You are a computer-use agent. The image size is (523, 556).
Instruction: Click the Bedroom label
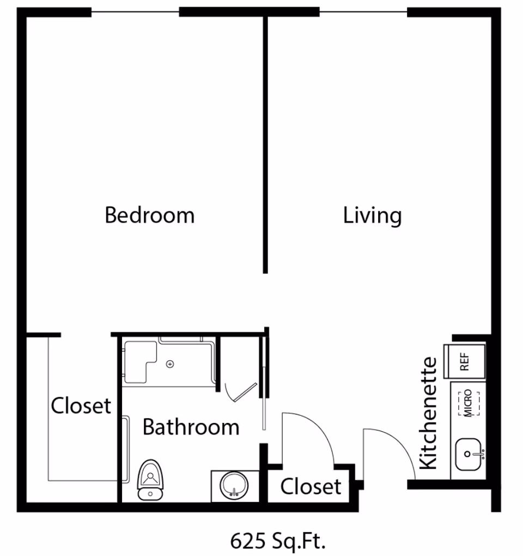tap(149, 215)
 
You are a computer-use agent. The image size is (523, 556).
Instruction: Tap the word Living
tap(372, 215)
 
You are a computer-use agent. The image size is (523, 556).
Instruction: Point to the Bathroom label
tap(191, 427)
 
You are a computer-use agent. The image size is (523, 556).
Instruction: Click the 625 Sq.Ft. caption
tap(278, 541)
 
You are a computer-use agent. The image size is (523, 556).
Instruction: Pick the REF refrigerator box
tap(465, 360)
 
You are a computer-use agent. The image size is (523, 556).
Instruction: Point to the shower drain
tap(170, 364)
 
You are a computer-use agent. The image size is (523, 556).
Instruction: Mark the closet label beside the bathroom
tap(81, 406)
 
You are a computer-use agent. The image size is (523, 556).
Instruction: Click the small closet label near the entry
tap(311, 486)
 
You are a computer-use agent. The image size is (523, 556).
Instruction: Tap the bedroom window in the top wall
tap(135, 11)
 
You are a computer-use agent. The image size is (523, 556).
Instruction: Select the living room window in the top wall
tap(363, 11)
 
